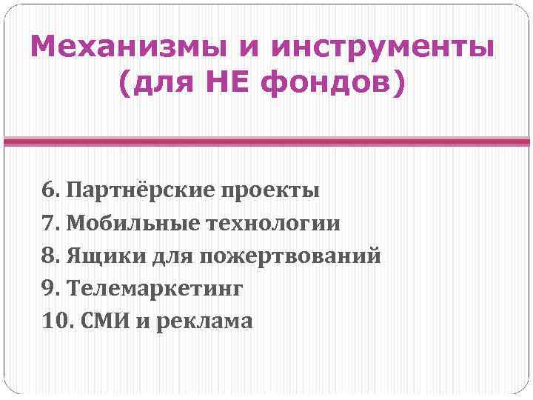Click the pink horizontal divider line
click(x=266, y=141)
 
